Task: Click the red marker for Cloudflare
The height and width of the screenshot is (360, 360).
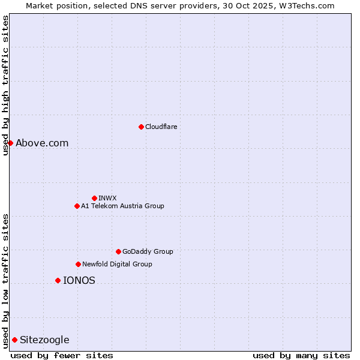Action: [141, 127]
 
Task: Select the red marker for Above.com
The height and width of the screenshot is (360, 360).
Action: [10, 143]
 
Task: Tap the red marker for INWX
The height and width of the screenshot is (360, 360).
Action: [94, 198]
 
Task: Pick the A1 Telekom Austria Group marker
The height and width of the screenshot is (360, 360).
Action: [77, 206]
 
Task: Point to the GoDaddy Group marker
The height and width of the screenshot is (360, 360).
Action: [118, 251]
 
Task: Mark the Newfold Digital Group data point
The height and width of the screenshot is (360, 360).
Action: [78, 264]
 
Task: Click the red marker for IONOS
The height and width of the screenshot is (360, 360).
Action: [58, 280]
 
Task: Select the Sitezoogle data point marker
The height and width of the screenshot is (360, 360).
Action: [14, 340]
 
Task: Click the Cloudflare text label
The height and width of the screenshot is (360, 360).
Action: [161, 127]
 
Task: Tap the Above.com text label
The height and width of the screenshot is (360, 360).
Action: [42, 143]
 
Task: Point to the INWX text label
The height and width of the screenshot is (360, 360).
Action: [107, 198]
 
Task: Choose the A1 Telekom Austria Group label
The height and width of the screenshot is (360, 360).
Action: [122, 206]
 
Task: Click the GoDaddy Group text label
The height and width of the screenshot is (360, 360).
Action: [148, 251]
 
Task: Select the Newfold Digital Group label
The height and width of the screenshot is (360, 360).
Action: [117, 264]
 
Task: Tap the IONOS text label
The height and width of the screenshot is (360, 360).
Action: [79, 280]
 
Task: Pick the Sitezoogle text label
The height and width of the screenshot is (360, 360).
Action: [44, 340]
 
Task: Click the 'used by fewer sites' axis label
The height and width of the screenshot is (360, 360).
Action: [62, 355]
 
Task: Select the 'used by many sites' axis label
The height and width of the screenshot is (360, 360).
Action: [301, 355]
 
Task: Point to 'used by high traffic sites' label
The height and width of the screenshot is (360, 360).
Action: [5, 85]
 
